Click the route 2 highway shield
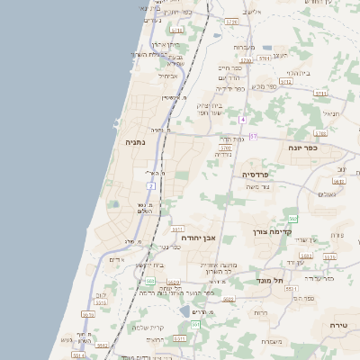[x=152, y=186]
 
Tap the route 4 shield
[x=242, y=119]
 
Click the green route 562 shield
[x=292, y=219]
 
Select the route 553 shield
[x=194, y=324]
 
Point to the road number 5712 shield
[x=286, y=81]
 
